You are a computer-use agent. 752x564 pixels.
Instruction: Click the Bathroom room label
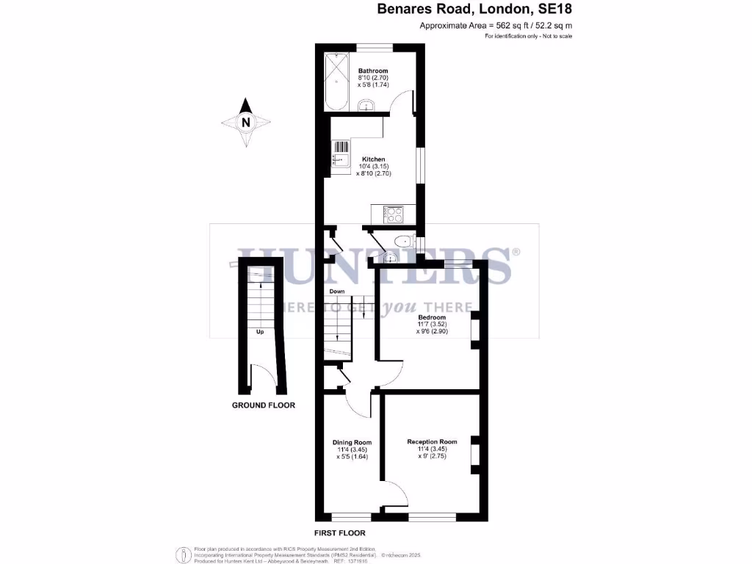373,71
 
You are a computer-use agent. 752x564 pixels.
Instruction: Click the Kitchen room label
373,159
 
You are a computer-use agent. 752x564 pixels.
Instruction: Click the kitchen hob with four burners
395,214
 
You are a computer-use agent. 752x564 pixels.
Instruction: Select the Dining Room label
352,442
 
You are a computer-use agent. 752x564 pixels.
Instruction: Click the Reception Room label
432,442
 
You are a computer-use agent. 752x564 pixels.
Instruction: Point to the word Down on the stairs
337,292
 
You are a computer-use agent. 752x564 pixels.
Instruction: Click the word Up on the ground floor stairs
259,332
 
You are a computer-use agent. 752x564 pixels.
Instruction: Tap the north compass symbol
246,123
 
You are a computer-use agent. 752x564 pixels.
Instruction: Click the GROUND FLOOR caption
264,405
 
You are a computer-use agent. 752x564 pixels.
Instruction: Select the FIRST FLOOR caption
339,533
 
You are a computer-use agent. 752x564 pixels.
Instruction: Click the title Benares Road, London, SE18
474,10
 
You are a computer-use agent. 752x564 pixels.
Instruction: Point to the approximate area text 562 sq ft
496,26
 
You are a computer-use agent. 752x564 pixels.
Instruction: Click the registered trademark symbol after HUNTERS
516,252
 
